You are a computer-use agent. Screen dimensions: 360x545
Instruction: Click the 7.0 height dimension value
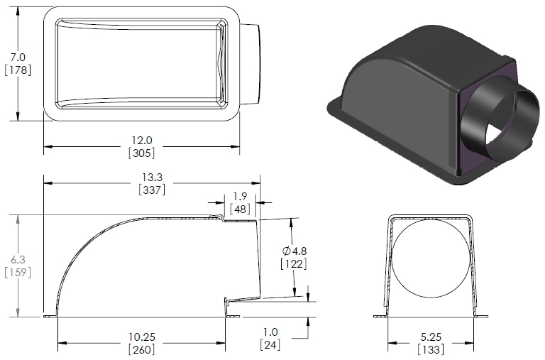[18, 56]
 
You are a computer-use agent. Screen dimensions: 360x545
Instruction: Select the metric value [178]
[18, 70]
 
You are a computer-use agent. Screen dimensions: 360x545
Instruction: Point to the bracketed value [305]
[141, 153]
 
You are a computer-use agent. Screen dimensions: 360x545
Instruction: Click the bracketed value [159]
[18, 272]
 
